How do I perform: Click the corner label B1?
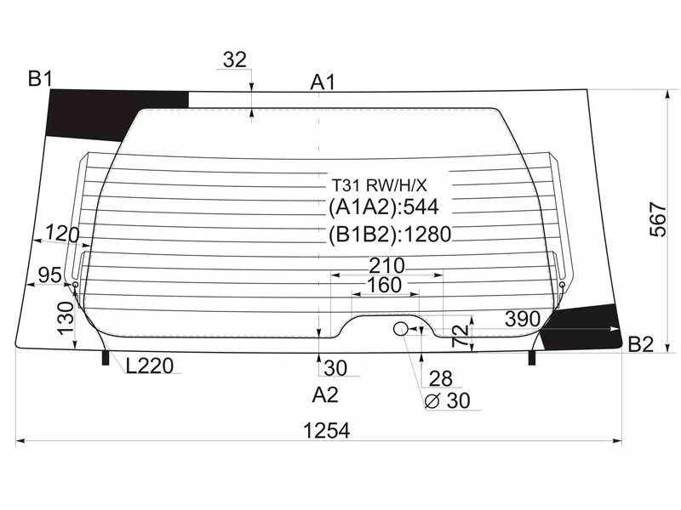(x=40, y=80)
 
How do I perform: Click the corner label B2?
(x=640, y=344)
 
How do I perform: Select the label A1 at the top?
(x=323, y=82)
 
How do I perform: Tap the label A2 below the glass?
(x=325, y=394)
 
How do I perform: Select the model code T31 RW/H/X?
(x=379, y=184)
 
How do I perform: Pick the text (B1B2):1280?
(x=389, y=235)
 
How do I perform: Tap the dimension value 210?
(x=386, y=266)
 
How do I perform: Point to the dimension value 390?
(x=522, y=319)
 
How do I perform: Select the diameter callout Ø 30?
(x=447, y=400)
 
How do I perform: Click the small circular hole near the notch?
(x=401, y=329)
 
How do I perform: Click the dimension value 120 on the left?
(x=62, y=234)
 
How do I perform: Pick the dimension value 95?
(x=50, y=275)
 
